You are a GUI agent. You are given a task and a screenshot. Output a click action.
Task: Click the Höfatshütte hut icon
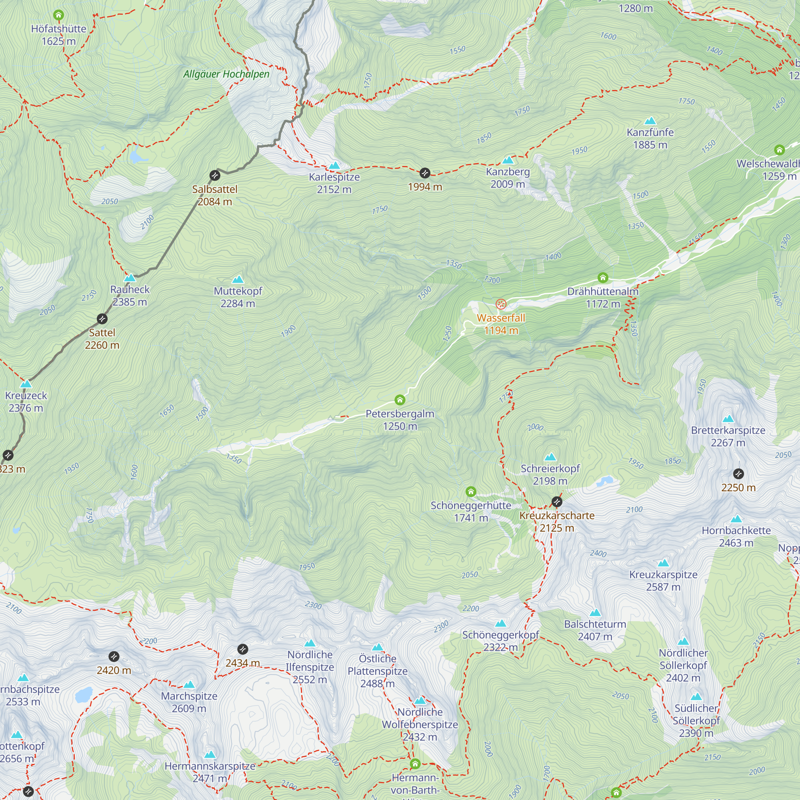tap(58, 16)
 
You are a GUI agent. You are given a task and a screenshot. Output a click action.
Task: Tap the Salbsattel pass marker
tap(214, 176)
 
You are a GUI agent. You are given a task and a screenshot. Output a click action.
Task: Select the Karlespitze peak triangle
tap(334, 166)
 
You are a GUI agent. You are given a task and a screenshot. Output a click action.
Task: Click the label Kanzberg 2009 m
tap(508, 178)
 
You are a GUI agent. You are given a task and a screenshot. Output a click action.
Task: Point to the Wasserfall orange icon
tap(501, 304)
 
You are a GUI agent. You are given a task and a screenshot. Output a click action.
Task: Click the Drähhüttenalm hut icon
tap(603, 278)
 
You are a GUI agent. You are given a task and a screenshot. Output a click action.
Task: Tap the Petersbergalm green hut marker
tap(400, 400)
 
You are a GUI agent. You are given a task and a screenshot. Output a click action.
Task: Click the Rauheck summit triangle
tap(130, 278)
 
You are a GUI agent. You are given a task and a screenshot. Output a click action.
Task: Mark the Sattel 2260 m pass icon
tap(102, 319)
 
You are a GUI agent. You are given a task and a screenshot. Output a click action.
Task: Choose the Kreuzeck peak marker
tap(26, 384)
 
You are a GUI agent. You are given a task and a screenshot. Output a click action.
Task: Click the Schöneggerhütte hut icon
tap(471, 492)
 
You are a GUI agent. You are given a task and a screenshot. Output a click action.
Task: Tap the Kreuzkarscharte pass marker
tap(557, 502)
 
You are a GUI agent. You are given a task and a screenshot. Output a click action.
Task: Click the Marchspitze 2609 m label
tap(189, 702)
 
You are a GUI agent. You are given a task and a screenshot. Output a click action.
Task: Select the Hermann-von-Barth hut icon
tap(415, 763)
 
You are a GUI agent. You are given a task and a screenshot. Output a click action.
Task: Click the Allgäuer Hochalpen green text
tap(226, 74)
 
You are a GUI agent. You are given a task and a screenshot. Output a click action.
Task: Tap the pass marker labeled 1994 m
tap(425, 173)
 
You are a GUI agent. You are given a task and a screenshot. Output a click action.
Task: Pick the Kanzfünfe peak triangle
tap(650, 121)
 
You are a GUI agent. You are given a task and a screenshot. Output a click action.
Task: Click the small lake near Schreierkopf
tap(604, 481)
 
